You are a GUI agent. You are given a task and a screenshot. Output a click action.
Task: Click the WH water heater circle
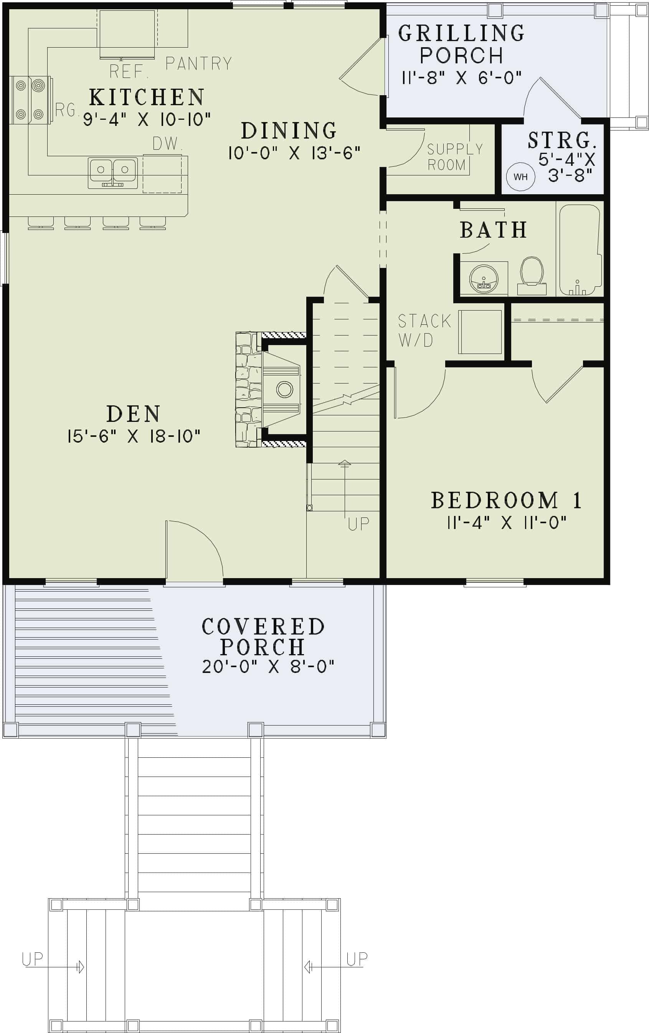point(520,177)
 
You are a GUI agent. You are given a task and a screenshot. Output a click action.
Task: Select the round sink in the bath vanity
point(484,278)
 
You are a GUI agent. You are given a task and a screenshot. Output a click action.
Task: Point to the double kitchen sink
point(113,172)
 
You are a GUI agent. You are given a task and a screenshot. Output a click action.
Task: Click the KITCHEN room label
point(146,98)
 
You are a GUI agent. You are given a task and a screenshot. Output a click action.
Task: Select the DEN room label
point(134,414)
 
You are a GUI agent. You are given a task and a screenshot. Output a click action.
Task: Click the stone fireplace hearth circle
point(284,390)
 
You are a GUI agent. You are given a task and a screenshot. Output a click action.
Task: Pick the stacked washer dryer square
point(480,332)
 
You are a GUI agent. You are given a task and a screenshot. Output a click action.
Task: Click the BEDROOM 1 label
point(506,501)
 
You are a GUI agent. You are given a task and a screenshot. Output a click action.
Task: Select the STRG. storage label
point(562,140)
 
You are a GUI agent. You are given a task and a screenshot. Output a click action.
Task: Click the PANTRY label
point(198,64)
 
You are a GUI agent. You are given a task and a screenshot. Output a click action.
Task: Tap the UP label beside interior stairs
point(358,524)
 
